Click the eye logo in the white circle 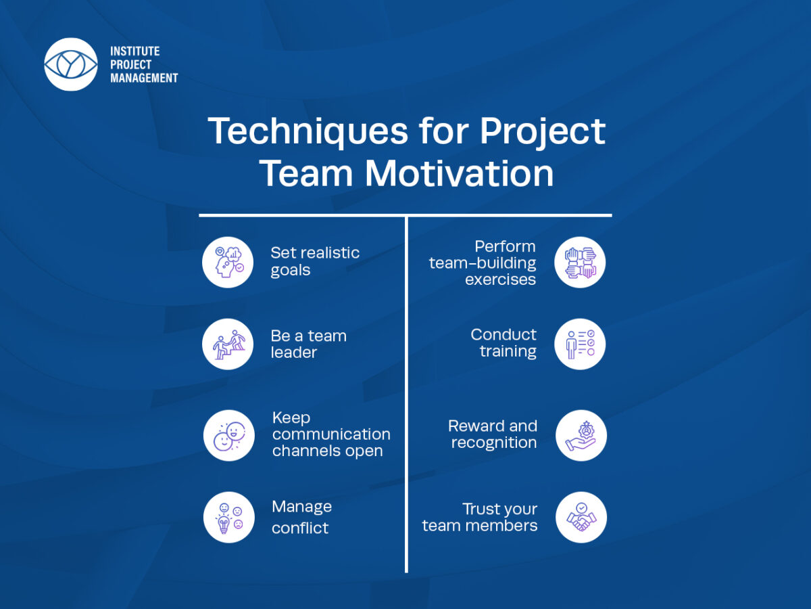71,64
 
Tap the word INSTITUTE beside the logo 135,51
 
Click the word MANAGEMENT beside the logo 144,78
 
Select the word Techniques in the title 308,132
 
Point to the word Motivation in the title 460,173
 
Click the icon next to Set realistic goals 228,262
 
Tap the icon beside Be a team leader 228,344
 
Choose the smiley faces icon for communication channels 228,436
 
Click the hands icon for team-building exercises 580,262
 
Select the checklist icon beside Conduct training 580,344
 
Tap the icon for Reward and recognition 581,436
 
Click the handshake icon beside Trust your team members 581,517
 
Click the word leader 294,353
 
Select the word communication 331,434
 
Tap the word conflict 300,528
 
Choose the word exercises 500,279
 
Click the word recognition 494,443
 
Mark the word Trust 480,509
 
